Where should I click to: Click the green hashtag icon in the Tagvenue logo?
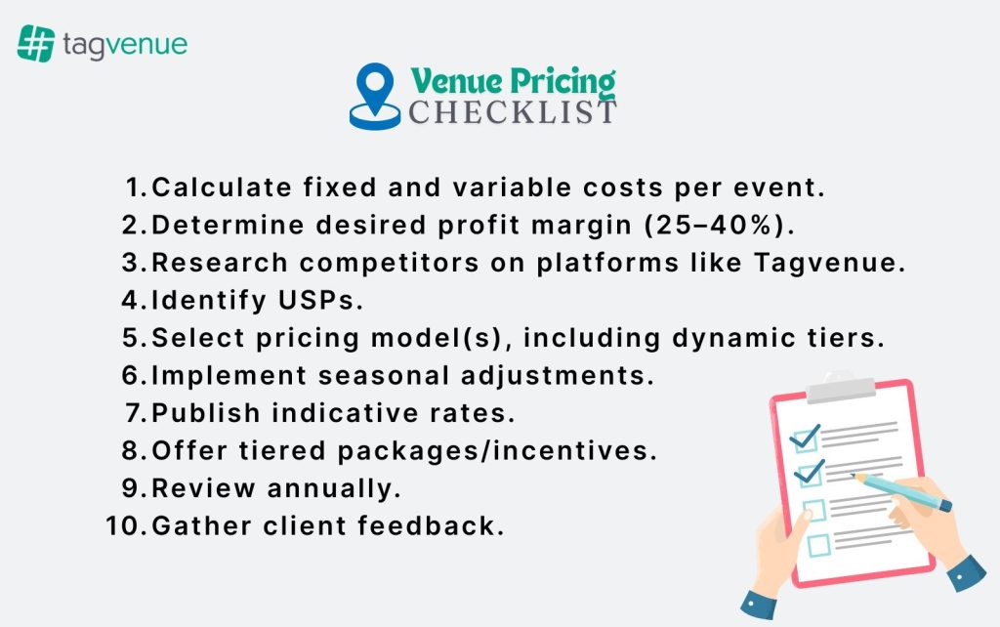[x=35, y=44]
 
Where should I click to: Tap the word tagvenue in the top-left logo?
[x=124, y=45]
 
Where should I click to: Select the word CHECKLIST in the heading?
[x=513, y=112]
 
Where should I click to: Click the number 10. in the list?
[x=124, y=525]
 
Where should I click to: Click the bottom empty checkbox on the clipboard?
[x=817, y=544]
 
